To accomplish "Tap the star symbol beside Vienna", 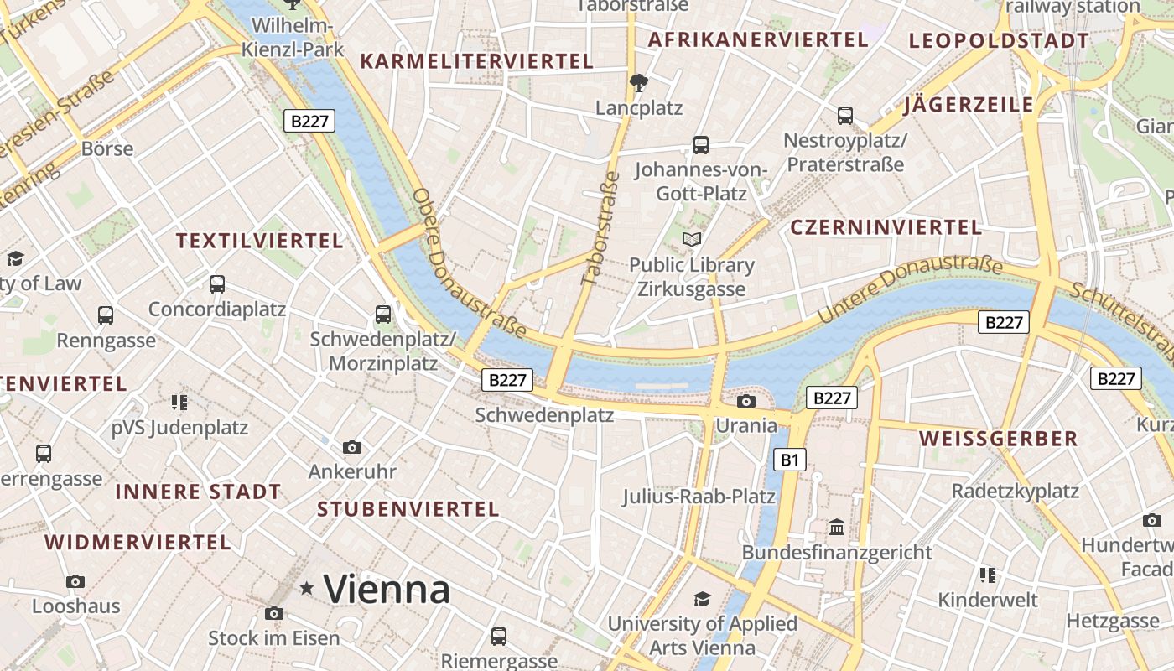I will click(x=307, y=589).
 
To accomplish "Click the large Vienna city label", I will click(x=387, y=589).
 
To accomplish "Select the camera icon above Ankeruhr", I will click(x=352, y=447).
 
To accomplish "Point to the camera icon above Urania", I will click(x=745, y=401).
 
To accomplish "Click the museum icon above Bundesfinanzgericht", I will click(x=837, y=528).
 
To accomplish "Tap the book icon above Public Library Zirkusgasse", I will click(x=692, y=240).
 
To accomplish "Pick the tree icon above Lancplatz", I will click(x=639, y=82).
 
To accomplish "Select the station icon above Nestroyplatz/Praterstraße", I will click(x=844, y=115).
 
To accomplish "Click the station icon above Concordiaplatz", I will click(x=217, y=284).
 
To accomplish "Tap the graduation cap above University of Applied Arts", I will click(x=702, y=599).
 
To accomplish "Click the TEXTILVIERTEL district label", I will click(x=260, y=242).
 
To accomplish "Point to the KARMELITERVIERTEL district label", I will click(x=476, y=61).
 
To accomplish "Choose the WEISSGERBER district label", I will click(x=998, y=439).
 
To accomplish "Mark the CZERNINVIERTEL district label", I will click(x=886, y=227).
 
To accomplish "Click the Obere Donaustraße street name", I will click(x=467, y=262).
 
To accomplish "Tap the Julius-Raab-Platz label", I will click(x=699, y=497).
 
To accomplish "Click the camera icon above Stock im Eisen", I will click(x=273, y=614).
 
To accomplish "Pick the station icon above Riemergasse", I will click(x=499, y=636).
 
